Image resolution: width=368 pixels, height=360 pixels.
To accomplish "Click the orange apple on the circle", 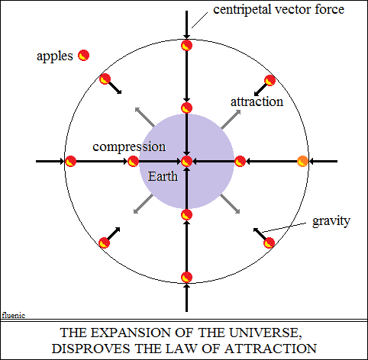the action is [302, 161].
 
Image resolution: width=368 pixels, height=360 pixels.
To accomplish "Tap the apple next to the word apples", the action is [83, 56].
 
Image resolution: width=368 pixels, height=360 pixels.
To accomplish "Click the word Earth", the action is [163, 176].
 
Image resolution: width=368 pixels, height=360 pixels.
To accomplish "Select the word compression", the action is [129, 147].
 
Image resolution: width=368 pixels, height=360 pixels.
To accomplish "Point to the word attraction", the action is [257, 101].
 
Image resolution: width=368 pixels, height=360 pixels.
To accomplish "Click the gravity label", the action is [331, 221].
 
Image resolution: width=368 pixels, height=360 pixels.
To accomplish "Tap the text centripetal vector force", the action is [279, 10].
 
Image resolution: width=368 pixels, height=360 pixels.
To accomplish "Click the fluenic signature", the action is [14, 316].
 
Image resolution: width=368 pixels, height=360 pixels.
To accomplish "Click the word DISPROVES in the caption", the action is [91, 349].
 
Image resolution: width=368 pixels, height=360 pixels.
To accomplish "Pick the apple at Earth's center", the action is [186, 161].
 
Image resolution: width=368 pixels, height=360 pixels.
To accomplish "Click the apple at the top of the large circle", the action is [186, 46].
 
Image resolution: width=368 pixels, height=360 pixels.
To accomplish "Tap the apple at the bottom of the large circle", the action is [186, 277].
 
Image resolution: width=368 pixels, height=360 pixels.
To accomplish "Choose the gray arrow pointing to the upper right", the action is [231, 119].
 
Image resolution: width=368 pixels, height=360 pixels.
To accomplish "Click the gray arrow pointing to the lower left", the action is [143, 204].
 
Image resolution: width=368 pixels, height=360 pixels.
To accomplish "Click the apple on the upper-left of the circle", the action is [105, 79].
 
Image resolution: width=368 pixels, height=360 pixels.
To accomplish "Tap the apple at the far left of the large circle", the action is [70, 161].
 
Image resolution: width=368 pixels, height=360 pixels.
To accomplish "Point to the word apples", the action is [55, 56].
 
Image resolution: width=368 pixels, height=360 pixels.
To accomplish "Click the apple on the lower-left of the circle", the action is [104, 243].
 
